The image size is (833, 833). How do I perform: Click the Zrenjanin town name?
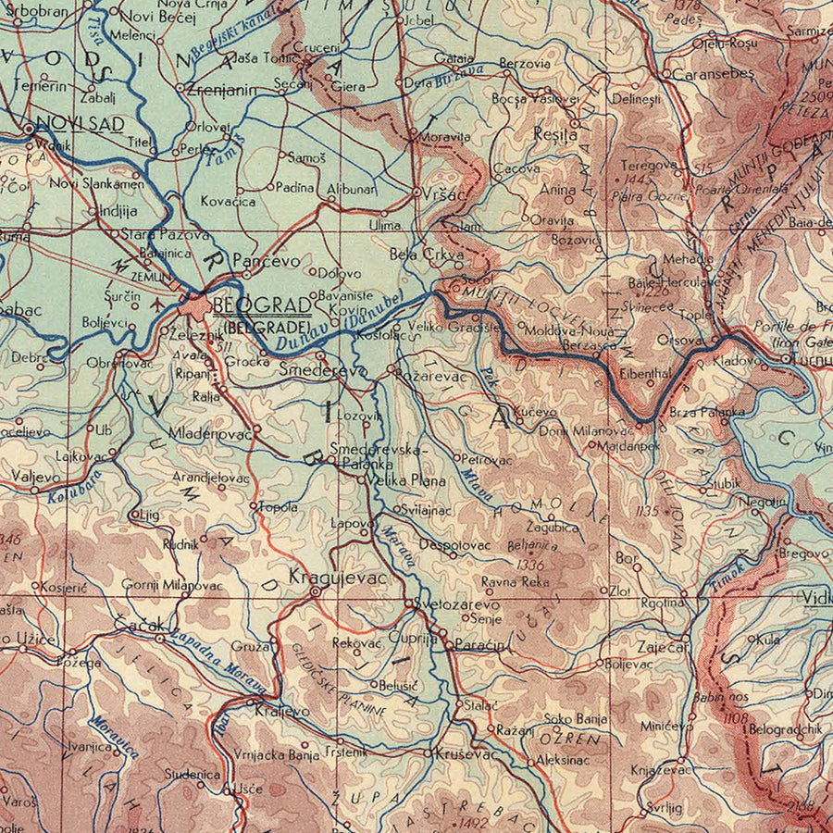[221, 90]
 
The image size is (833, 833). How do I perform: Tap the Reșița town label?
[555, 133]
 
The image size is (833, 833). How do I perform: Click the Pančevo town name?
[266, 262]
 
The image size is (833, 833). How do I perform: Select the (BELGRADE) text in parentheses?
[265, 327]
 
